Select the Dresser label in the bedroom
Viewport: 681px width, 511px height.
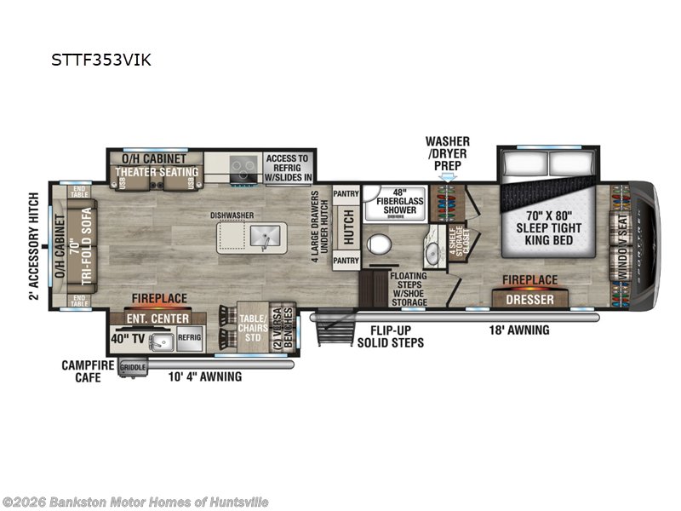(x=529, y=299)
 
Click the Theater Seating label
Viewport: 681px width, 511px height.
(x=157, y=172)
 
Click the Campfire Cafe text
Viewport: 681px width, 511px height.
(x=83, y=370)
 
